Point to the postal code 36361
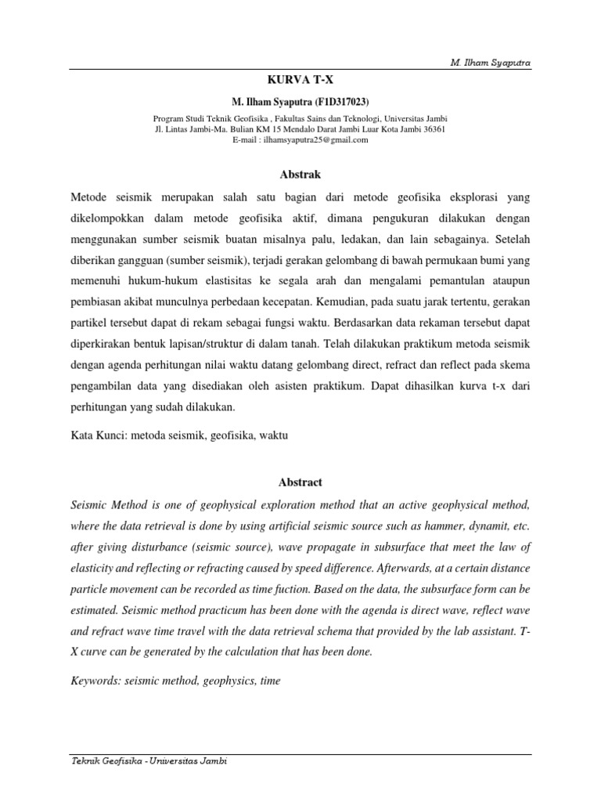(x=431, y=129)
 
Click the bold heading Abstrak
(x=300, y=175)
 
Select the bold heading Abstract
(x=300, y=482)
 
